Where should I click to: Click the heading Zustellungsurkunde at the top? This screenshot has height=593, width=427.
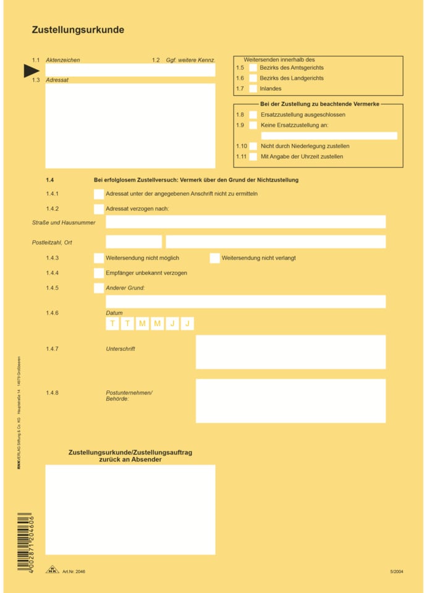[78, 30]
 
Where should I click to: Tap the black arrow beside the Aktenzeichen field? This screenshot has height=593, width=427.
[32, 71]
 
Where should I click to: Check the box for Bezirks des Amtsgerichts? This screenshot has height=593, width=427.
[253, 68]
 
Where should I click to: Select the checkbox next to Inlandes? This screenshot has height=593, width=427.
[253, 89]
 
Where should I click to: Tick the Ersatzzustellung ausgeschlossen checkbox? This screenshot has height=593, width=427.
[253, 115]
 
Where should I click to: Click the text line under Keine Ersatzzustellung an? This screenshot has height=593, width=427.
[329, 136]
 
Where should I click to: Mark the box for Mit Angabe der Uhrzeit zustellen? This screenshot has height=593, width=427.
[253, 157]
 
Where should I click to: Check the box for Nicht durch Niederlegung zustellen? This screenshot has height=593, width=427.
[253, 146]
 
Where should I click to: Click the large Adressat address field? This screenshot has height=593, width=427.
[130, 126]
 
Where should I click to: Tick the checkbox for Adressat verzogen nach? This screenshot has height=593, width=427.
[99, 209]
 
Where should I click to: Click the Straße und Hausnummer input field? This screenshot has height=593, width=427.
[245, 222]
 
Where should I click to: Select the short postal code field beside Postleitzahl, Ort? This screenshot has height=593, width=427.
[133, 242]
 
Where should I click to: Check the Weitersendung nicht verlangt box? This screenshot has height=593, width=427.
[214, 258]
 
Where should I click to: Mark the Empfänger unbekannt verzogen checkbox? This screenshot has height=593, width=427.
[99, 273]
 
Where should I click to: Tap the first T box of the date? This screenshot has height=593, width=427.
[112, 324]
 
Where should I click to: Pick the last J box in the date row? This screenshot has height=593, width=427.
[187, 324]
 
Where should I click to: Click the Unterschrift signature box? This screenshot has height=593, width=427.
[290, 352]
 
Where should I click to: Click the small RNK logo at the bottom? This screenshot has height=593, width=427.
[53, 570]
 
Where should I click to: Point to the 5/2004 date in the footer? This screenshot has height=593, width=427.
[396, 572]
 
